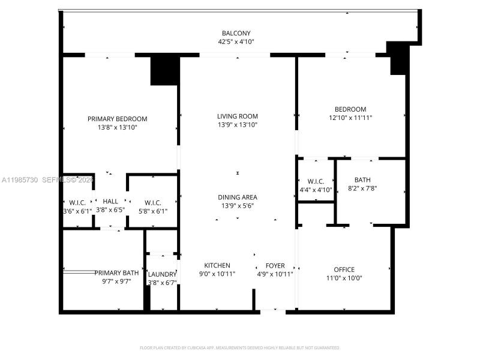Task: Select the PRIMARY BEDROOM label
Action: (117, 119)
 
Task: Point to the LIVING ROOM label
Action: (238, 116)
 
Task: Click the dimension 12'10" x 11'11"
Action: (350, 118)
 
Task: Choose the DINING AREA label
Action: (238, 197)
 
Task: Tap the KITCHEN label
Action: (217, 265)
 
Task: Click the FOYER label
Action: (275, 265)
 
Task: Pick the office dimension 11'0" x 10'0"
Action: (344, 278)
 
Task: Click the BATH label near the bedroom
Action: (362, 179)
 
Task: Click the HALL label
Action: (110, 202)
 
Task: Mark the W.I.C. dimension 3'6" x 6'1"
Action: (78, 211)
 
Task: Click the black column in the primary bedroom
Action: (164, 70)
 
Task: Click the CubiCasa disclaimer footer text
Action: (240, 347)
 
